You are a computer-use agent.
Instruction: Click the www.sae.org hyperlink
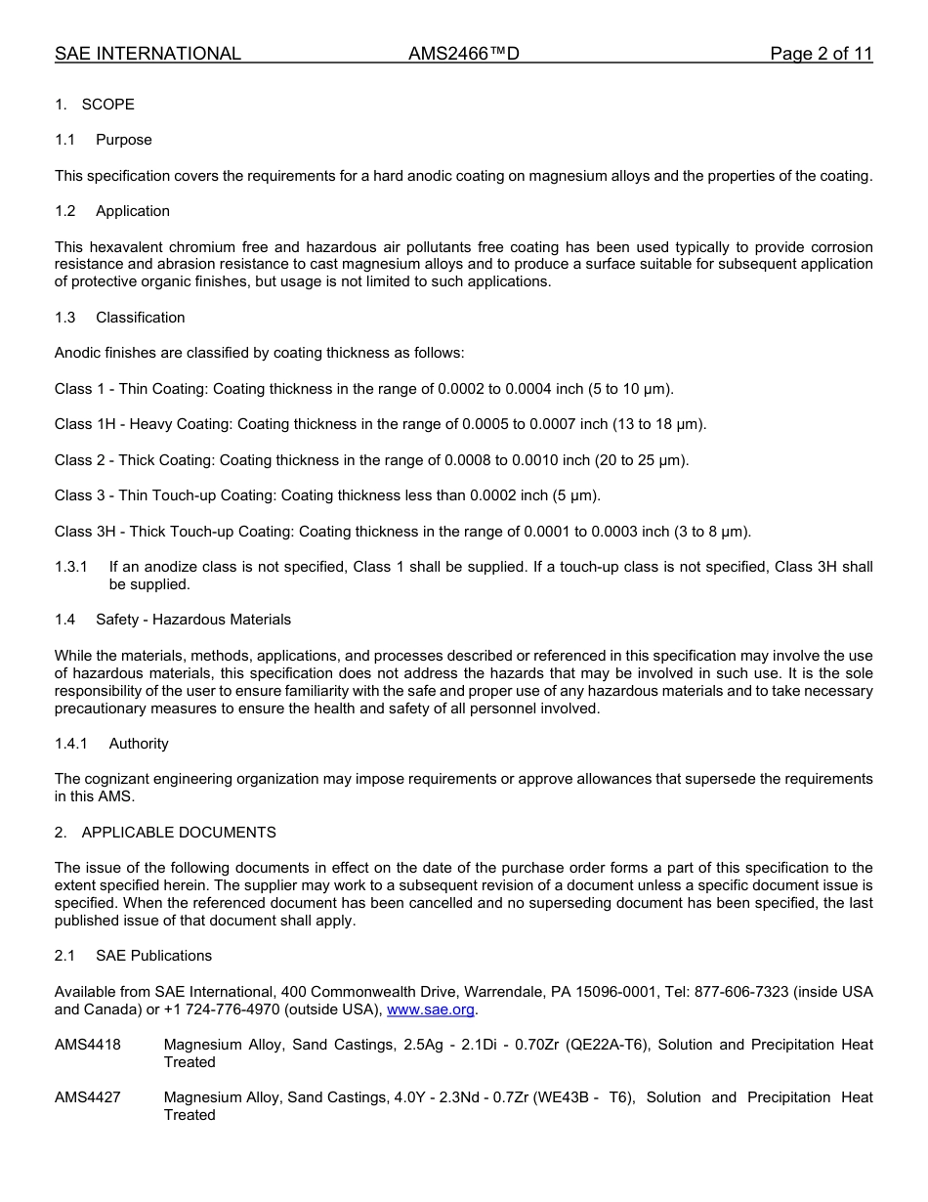pos(431,1009)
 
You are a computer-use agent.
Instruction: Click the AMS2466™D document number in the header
pos(463,54)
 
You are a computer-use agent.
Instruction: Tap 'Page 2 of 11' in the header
pos(821,54)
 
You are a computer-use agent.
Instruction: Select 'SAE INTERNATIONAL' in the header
pos(148,54)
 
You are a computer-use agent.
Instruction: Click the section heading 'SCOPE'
pos(108,105)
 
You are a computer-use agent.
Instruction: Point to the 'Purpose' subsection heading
pos(124,140)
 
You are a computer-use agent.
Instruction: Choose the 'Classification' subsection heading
pos(140,318)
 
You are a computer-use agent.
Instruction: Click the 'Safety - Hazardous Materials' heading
pos(193,620)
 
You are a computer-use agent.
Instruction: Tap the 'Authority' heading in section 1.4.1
pos(139,744)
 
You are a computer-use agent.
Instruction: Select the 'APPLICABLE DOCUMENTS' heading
pos(179,833)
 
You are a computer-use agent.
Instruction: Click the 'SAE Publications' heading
pos(153,956)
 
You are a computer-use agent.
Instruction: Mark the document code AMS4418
pos(88,1045)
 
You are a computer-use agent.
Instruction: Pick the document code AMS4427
pos(88,1097)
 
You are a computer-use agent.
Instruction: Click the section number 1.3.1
pos(71,567)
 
